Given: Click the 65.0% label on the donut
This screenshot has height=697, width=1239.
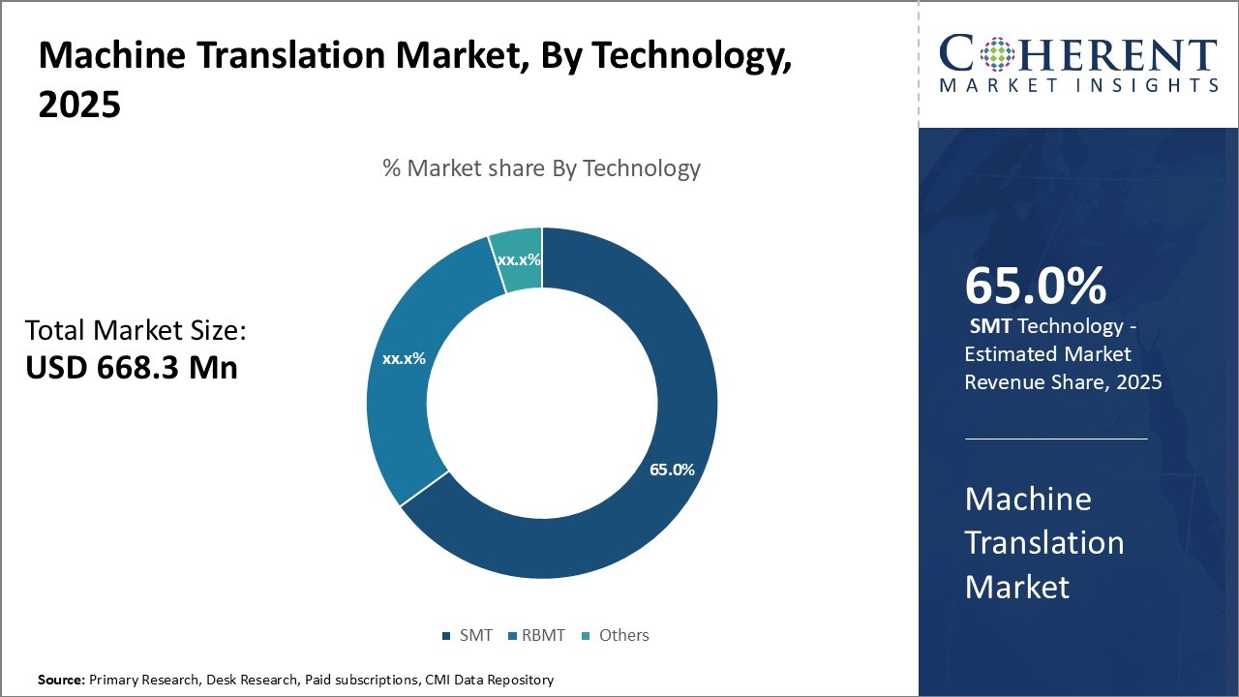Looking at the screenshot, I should coord(672,470).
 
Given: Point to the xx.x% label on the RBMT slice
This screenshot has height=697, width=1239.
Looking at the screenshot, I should coord(404,358).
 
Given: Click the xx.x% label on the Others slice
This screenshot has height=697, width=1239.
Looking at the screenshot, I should coord(519,259).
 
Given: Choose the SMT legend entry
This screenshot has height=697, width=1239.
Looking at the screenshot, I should coord(468,635).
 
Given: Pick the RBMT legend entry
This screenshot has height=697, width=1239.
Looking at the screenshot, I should coord(537,635).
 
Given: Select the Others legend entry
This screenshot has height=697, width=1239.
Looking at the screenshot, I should coord(616,635).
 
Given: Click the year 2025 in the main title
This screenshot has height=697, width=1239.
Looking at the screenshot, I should coord(79,104).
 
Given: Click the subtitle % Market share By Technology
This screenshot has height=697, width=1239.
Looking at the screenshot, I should coord(541,168).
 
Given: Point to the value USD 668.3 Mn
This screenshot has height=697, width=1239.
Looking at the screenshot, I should coord(131,367).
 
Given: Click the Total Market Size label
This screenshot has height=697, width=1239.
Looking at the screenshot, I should coord(136,331).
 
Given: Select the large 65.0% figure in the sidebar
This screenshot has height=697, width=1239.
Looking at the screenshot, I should coord(1035,286).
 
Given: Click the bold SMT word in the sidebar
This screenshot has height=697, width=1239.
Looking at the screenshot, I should coord(990,326).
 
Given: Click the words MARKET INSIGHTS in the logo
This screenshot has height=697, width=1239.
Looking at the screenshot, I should coord(1077,85).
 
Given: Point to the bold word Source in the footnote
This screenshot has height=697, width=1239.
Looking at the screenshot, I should coord(61,681).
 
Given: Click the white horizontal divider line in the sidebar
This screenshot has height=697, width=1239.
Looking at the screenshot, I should coord(1056,439).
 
